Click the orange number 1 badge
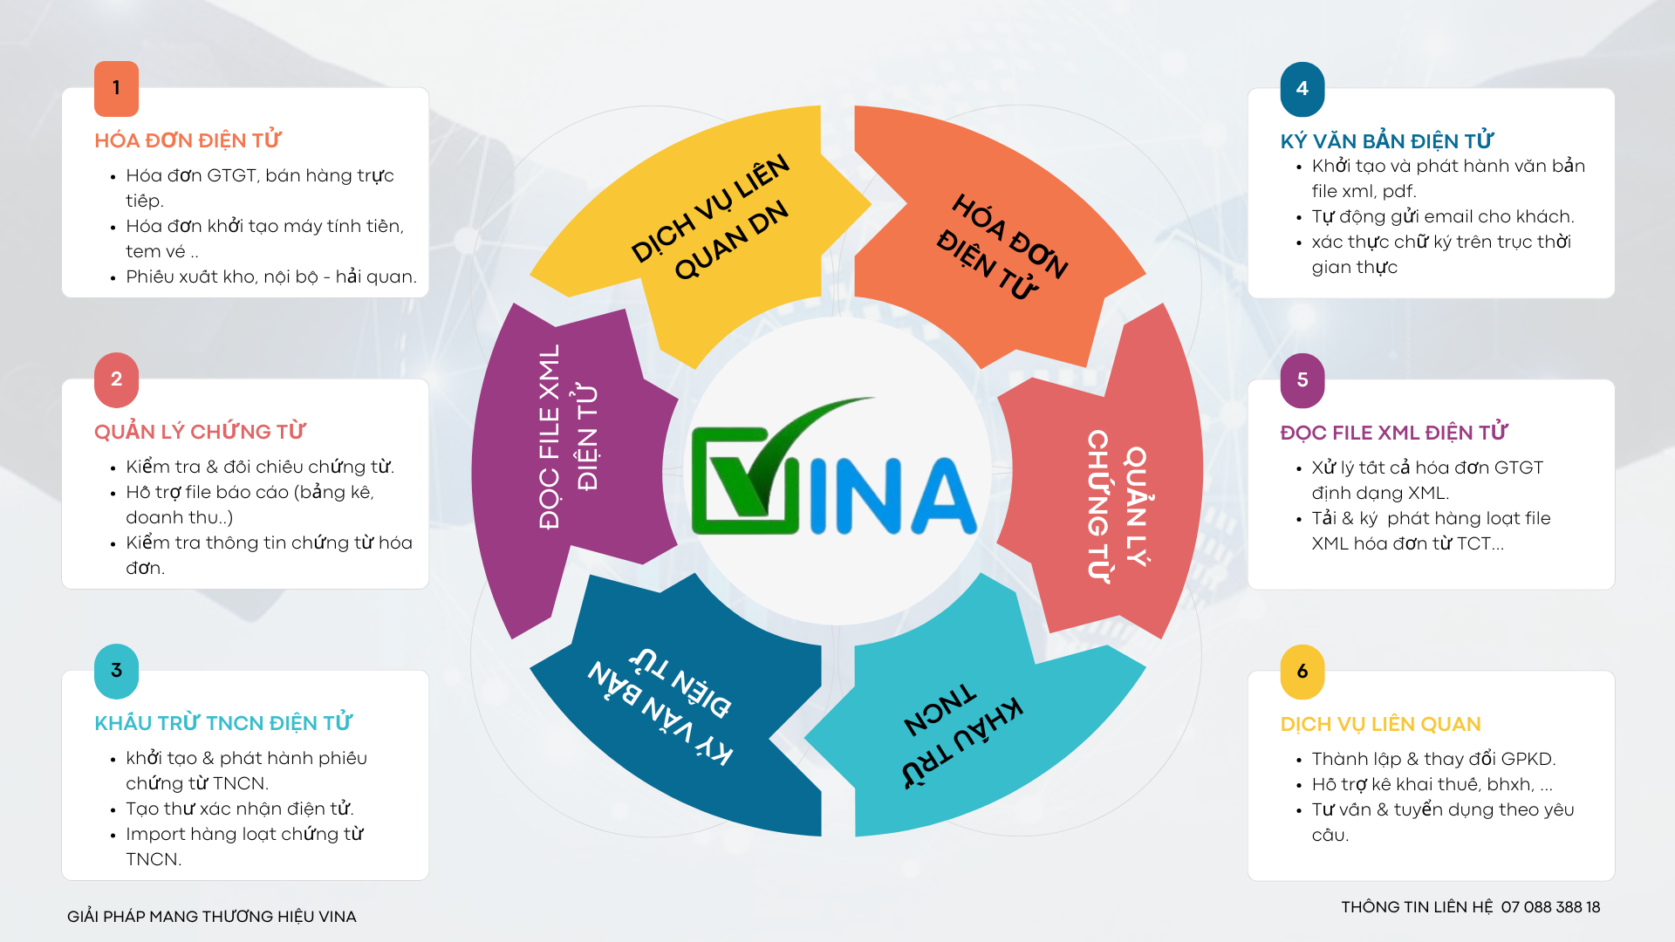[116, 88]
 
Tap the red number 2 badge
[116, 379]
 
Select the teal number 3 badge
[116, 671]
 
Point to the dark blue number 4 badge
[1302, 89]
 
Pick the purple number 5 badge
[1302, 380]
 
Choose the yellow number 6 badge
[1302, 672]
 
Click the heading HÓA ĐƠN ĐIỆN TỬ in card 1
[188, 140]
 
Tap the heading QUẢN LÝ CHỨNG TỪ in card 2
[200, 431]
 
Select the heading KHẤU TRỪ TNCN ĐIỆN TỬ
[223, 722]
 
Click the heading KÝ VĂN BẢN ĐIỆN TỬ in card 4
[1387, 140]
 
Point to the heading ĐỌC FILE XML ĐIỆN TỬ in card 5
[1394, 432]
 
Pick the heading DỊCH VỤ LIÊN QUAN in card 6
[1381, 724]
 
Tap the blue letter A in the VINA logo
[943, 495]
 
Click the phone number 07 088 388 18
[1550, 907]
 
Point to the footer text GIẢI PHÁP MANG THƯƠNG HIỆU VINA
[212, 917]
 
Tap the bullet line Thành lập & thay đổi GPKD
[1433, 759]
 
